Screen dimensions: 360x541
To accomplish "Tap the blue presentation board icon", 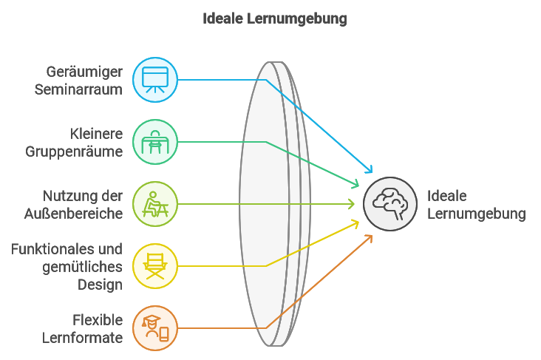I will pos(155,79).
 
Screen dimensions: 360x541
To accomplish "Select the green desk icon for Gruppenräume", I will pos(155,141).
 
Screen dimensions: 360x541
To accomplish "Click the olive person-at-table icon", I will pos(155,203).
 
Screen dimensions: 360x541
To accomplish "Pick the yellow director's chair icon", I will pos(155,265).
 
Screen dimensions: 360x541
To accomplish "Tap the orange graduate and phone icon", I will pos(155,327).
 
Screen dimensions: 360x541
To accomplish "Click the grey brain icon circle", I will pos(390,203).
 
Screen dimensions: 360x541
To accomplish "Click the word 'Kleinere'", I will pos(96,134).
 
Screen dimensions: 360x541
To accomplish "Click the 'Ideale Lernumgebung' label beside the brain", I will pos(476,205).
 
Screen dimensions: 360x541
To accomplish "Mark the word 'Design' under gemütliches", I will pos(100,284).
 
